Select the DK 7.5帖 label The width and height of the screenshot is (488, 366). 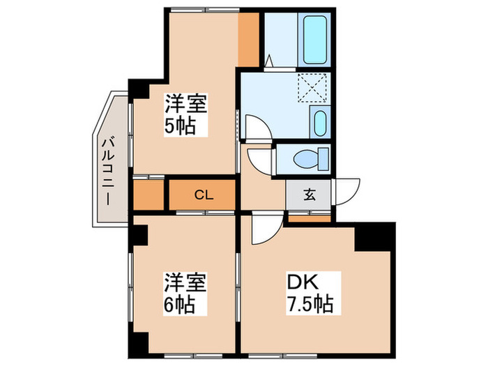click(x=310, y=293)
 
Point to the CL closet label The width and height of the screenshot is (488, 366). click(x=203, y=195)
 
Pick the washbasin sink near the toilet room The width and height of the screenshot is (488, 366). click(x=319, y=124)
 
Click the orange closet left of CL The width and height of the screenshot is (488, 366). click(x=148, y=195)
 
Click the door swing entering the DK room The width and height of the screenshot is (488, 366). click(x=265, y=229)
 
